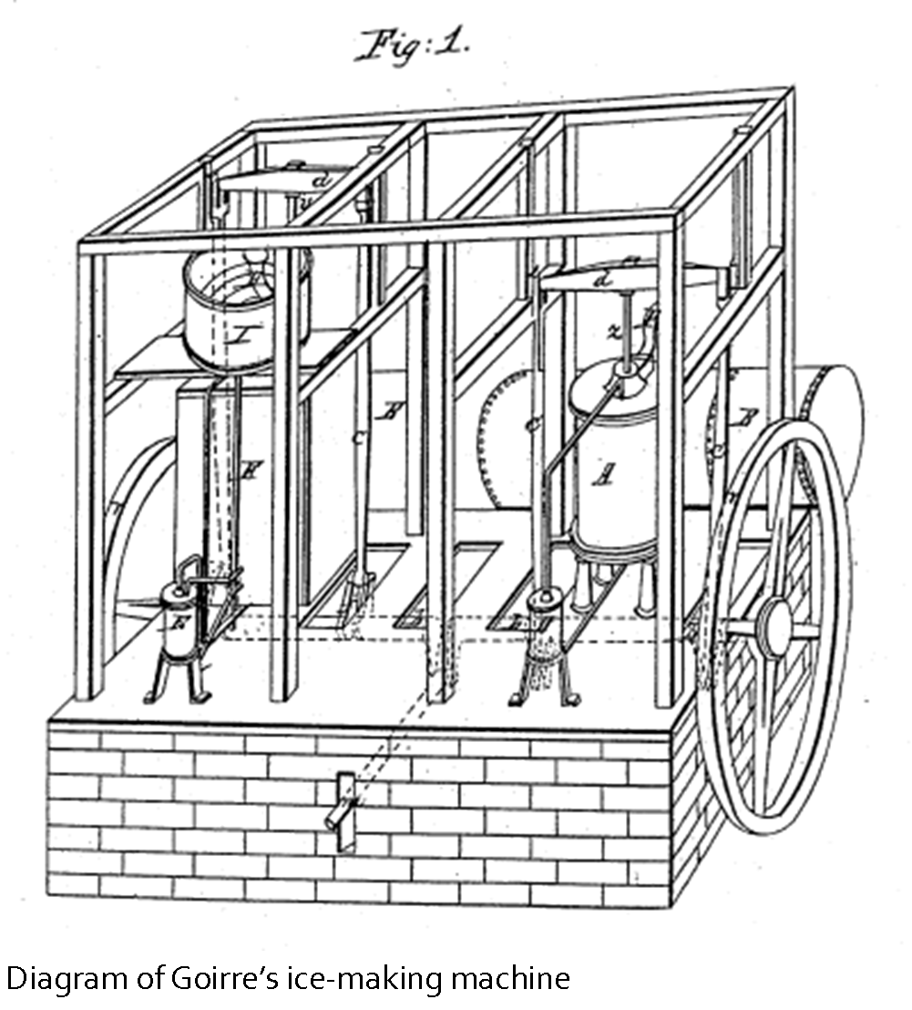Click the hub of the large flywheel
776,628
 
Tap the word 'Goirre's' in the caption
215,979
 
